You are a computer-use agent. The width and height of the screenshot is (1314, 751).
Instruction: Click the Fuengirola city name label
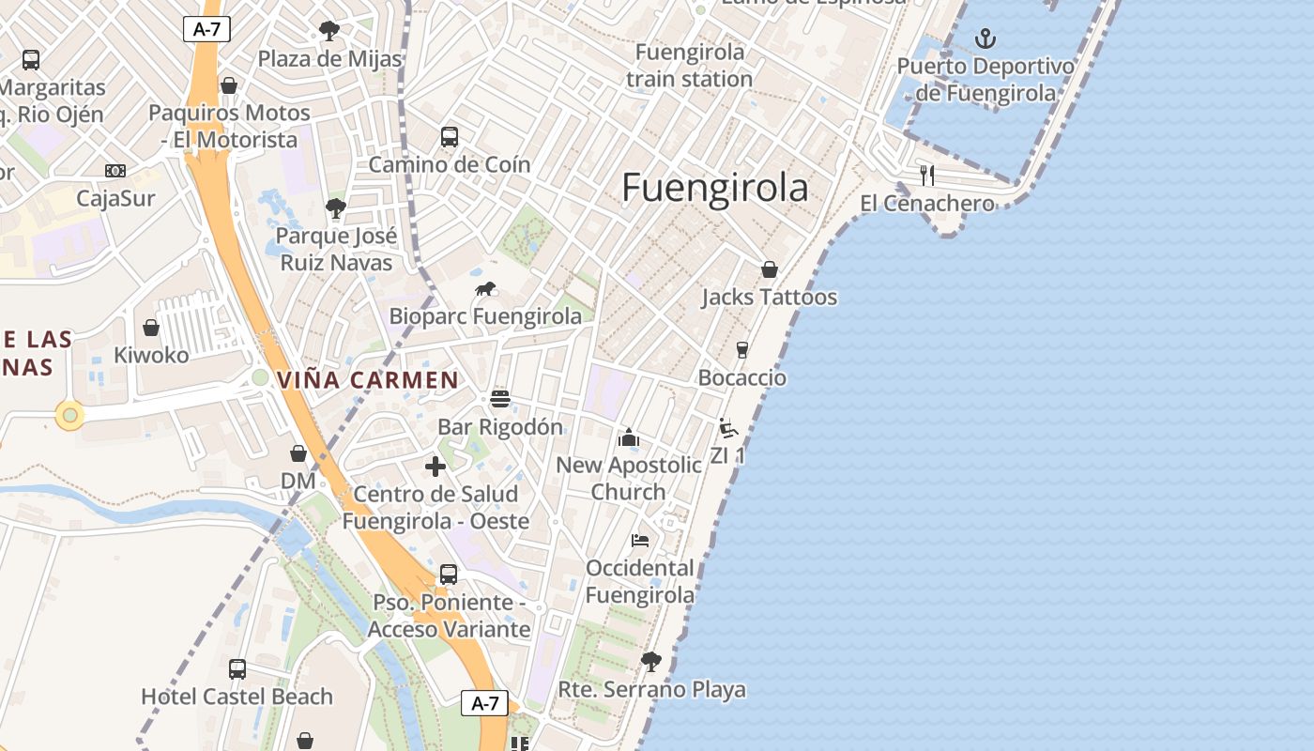[714, 188]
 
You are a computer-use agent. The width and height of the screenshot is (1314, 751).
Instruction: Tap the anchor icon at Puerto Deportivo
[985, 38]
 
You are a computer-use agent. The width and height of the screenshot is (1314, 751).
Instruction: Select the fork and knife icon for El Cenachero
[927, 175]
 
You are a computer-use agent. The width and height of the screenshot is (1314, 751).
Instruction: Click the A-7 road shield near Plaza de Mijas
[206, 29]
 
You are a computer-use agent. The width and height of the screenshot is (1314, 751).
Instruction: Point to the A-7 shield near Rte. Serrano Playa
[484, 703]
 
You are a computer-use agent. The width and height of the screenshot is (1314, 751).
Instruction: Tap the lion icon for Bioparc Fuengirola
[485, 289]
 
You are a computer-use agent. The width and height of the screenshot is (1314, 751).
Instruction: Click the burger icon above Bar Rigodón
[500, 399]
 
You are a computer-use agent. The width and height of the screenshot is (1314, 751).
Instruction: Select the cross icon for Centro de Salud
[435, 466]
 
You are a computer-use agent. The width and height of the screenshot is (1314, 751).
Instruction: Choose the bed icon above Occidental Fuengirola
[640, 541]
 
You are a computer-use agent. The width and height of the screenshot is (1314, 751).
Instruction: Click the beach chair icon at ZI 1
[727, 428]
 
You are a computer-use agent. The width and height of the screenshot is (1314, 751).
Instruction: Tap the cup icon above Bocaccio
[742, 350]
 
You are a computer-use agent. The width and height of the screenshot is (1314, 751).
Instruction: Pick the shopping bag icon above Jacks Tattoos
[770, 269]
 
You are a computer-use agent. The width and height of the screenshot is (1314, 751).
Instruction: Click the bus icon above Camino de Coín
[450, 137]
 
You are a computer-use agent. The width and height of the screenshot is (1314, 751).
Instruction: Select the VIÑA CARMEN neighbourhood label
[368, 381]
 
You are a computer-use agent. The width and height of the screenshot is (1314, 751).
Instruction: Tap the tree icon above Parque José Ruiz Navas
[336, 208]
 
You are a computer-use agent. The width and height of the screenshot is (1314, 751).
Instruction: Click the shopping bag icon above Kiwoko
[151, 328]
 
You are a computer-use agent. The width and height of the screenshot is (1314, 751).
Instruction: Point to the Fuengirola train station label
[690, 66]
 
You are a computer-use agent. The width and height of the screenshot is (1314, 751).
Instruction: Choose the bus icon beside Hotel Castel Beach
[237, 669]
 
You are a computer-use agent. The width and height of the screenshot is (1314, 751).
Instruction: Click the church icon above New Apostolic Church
[629, 437]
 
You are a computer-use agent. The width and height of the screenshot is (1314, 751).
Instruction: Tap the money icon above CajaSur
[115, 171]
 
